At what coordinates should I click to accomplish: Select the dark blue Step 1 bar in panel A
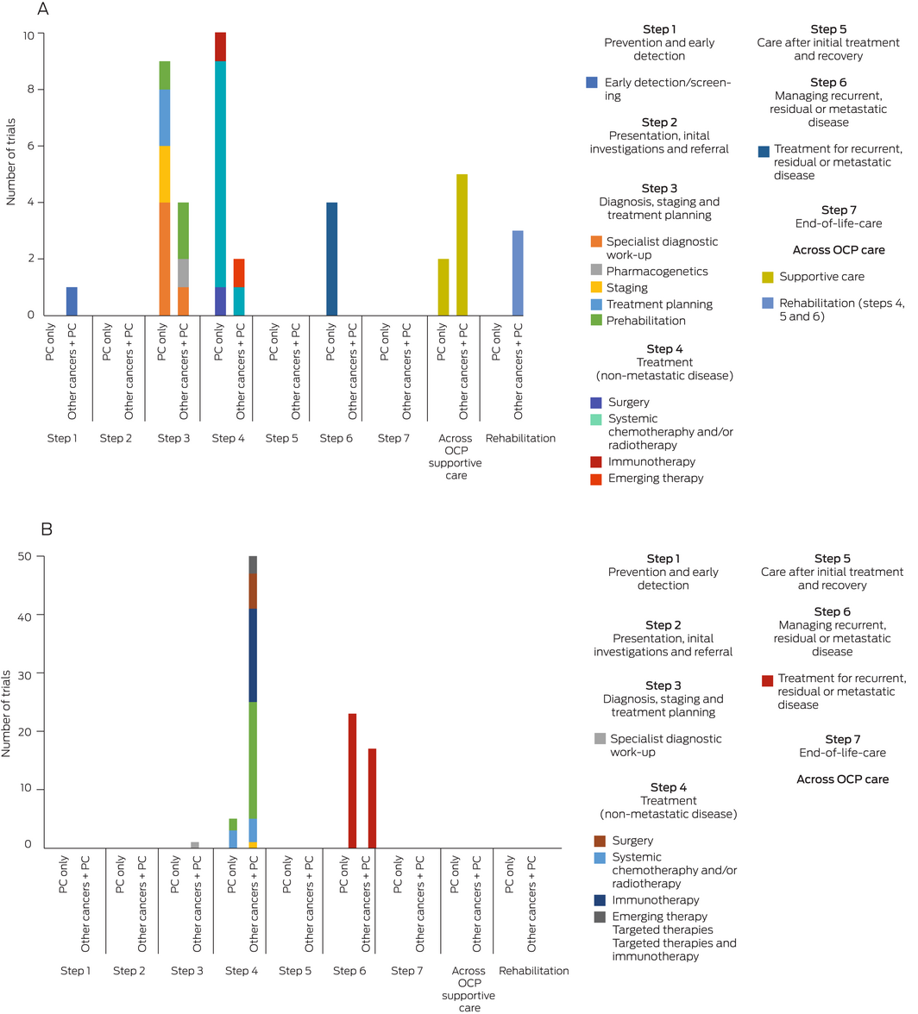click(x=72, y=301)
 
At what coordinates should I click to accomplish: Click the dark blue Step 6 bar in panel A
click(x=332, y=259)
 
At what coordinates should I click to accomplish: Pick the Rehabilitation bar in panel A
click(x=518, y=272)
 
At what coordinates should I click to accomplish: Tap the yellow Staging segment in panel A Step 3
click(x=165, y=174)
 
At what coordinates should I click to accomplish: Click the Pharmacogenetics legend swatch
click(x=592, y=271)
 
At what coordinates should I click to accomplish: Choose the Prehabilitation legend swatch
click(x=592, y=319)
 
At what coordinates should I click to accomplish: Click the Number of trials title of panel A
click(x=11, y=175)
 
